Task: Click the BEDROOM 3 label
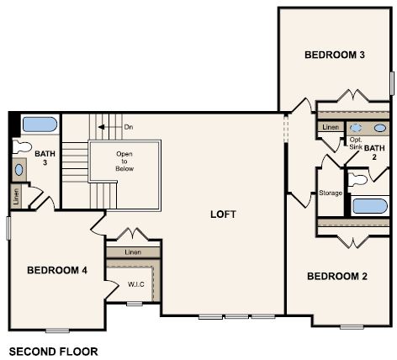(334, 55)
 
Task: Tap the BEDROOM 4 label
(56, 270)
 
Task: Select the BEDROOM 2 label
(336, 276)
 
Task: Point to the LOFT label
(223, 214)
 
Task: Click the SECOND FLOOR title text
(53, 350)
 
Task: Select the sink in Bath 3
(19, 169)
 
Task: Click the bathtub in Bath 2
(370, 206)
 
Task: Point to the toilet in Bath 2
(359, 177)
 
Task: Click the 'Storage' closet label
(331, 193)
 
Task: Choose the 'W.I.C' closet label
(135, 283)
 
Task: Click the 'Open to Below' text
(124, 161)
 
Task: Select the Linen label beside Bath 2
(331, 127)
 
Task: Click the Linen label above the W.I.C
(133, 251)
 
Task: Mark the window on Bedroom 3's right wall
(392, 83)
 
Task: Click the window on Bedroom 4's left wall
(8, 228)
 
